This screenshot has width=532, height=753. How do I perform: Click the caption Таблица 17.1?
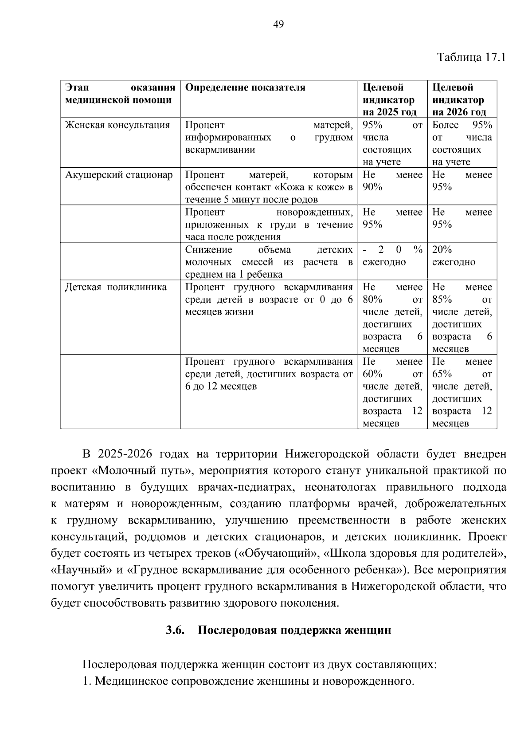(x=471, y=57)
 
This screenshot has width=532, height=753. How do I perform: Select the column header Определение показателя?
(x=245, y=87)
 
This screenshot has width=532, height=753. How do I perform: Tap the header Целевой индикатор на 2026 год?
(x=459, y=99)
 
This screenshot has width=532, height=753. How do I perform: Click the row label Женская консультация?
(x=117, y=125)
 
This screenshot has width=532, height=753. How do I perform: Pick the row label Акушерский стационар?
(x=119, y=175)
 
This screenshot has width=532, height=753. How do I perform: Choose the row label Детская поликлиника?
(x=116, y=287)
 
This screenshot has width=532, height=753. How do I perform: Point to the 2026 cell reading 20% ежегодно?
(x=454, y=256)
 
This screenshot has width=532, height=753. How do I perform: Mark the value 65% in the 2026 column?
(x=442, y=374)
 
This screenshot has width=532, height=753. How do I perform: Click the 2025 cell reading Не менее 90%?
(x=392, y=181)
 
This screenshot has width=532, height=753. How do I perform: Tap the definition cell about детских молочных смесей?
(x=269, y=262)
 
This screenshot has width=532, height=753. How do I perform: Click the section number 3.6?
(x=175, y=630)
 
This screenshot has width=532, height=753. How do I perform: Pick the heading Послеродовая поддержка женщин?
(x=294, y=630)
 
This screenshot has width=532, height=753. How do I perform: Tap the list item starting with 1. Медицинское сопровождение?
(x=248, y=681)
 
